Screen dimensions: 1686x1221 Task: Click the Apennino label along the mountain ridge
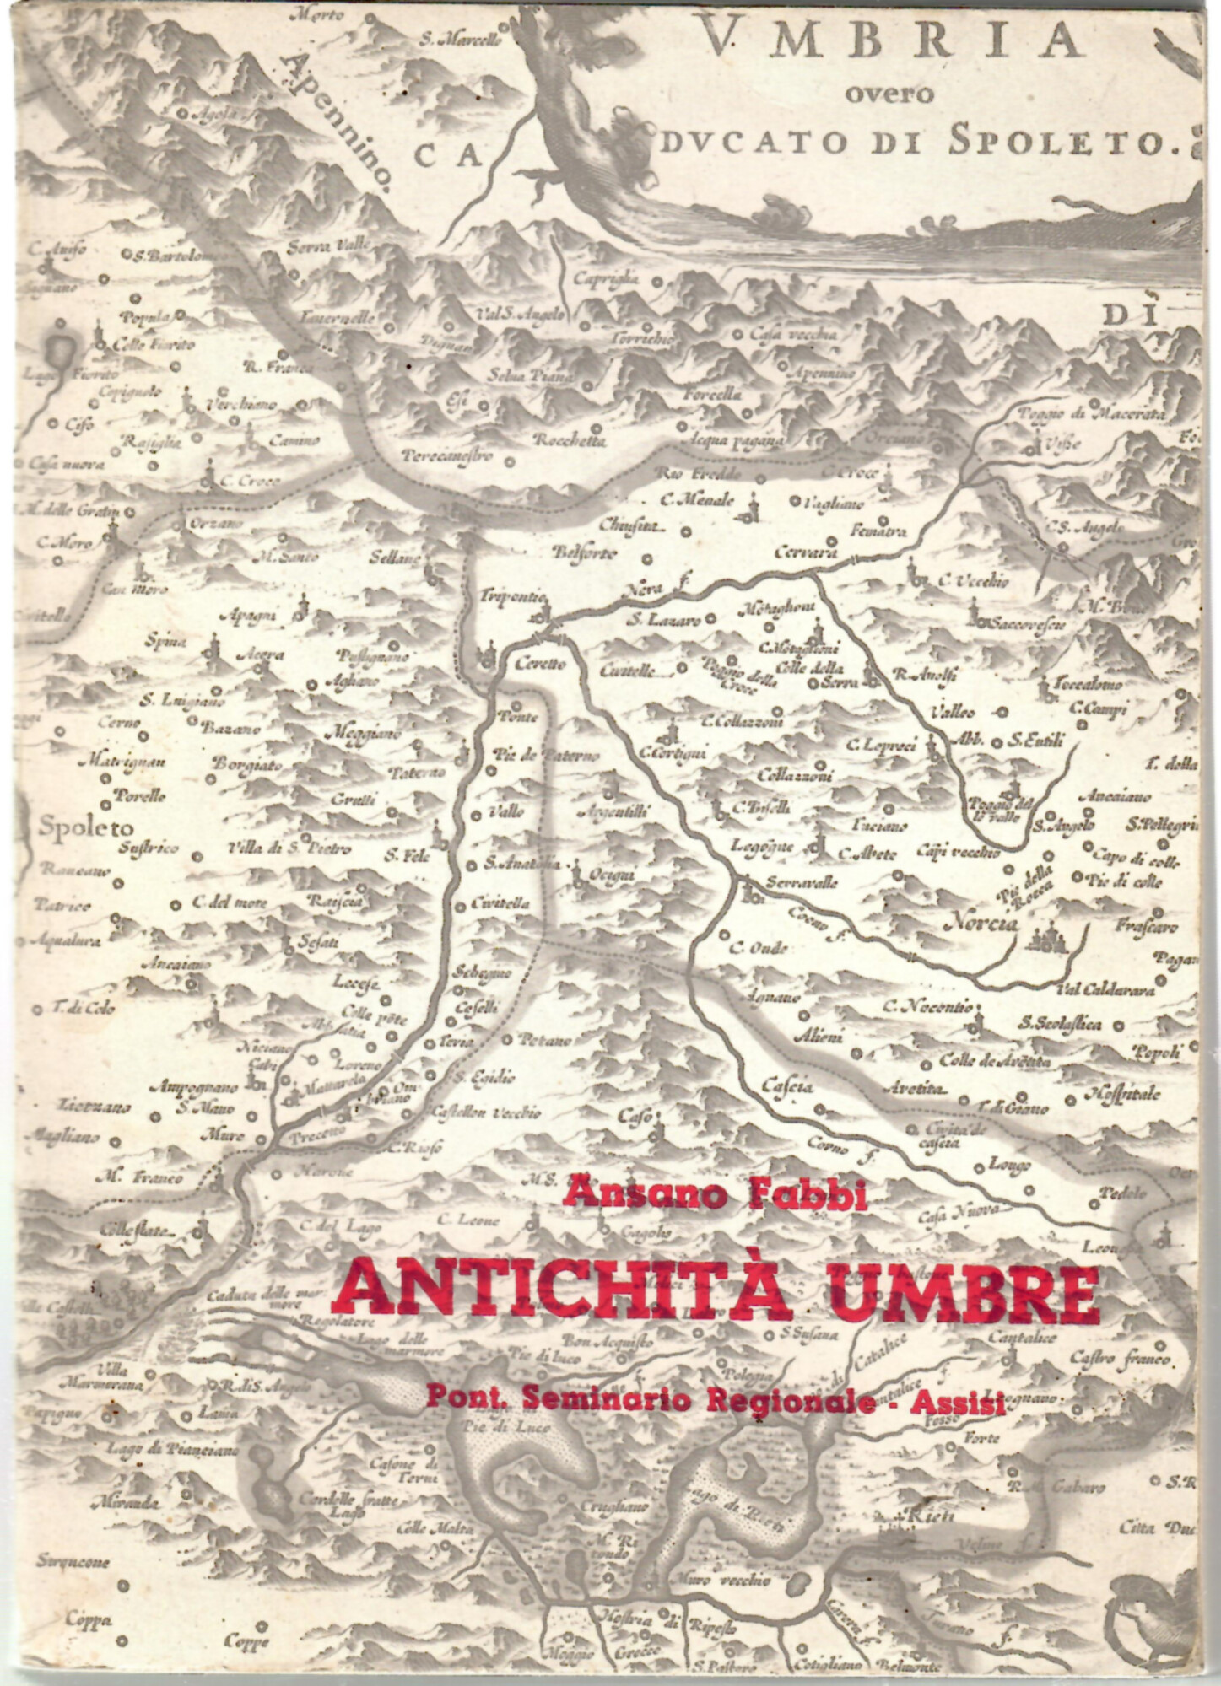click(x=342, y=117)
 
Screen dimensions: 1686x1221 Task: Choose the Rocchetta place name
click(x=570, y=440)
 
